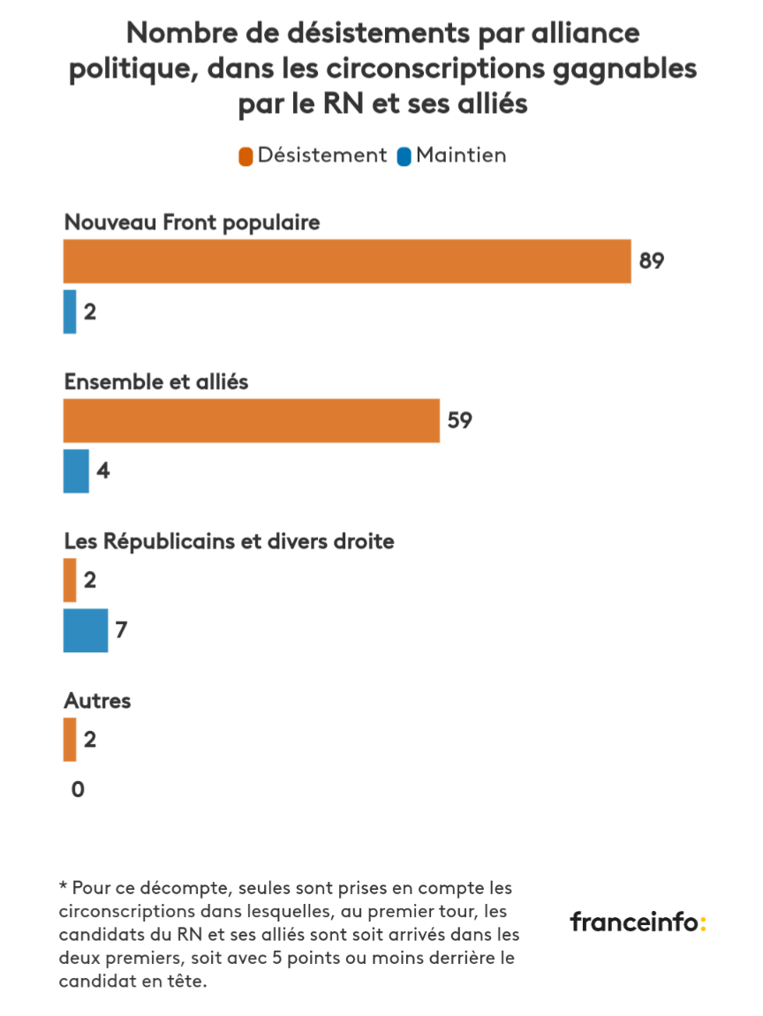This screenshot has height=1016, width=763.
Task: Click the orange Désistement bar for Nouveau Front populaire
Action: pyautogui.click(x=347, y=261)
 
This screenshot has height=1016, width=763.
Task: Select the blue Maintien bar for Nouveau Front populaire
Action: pyautogui.click(x=70, y=312)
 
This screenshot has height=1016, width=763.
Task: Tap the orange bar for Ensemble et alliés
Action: pyautogui.click(x=252, y=420)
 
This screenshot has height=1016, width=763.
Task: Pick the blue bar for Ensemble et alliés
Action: pyautogui.click(x=76, y=470)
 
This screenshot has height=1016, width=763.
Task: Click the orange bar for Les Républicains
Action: pyautogui.click(x=70, y=580)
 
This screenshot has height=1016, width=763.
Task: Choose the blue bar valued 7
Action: pyautogui.click(x=86, y=630)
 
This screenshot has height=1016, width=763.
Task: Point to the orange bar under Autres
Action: pyautogui.click(x=70, y=739)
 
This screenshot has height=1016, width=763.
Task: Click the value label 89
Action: pyautogui.click(x=651, y=261)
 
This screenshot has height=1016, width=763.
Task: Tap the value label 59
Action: pyautogui.click(x=459, y=420)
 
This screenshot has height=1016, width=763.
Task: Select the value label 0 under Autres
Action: pyautogui.click(x=78, y=789)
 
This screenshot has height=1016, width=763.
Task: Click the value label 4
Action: pyautogui.click(x=102, y=470)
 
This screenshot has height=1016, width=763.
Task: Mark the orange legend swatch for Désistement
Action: pyautogui.click(x=246, y=156)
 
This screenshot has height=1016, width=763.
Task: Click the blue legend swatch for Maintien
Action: pyautogui.click(x=404, y=156)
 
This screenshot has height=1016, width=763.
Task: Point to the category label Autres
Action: pyautogui.click(x=97, y=701)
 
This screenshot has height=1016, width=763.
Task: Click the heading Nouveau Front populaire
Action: pyautogui.click(x=192, y=222)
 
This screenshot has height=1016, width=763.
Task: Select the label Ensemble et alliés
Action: pyautogui.click(x=156, y=382)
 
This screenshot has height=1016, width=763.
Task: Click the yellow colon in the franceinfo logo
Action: pyautogui.click(x=703, y=923)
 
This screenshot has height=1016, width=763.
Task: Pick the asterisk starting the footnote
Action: pyautogui.click(x=63, y=885)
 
